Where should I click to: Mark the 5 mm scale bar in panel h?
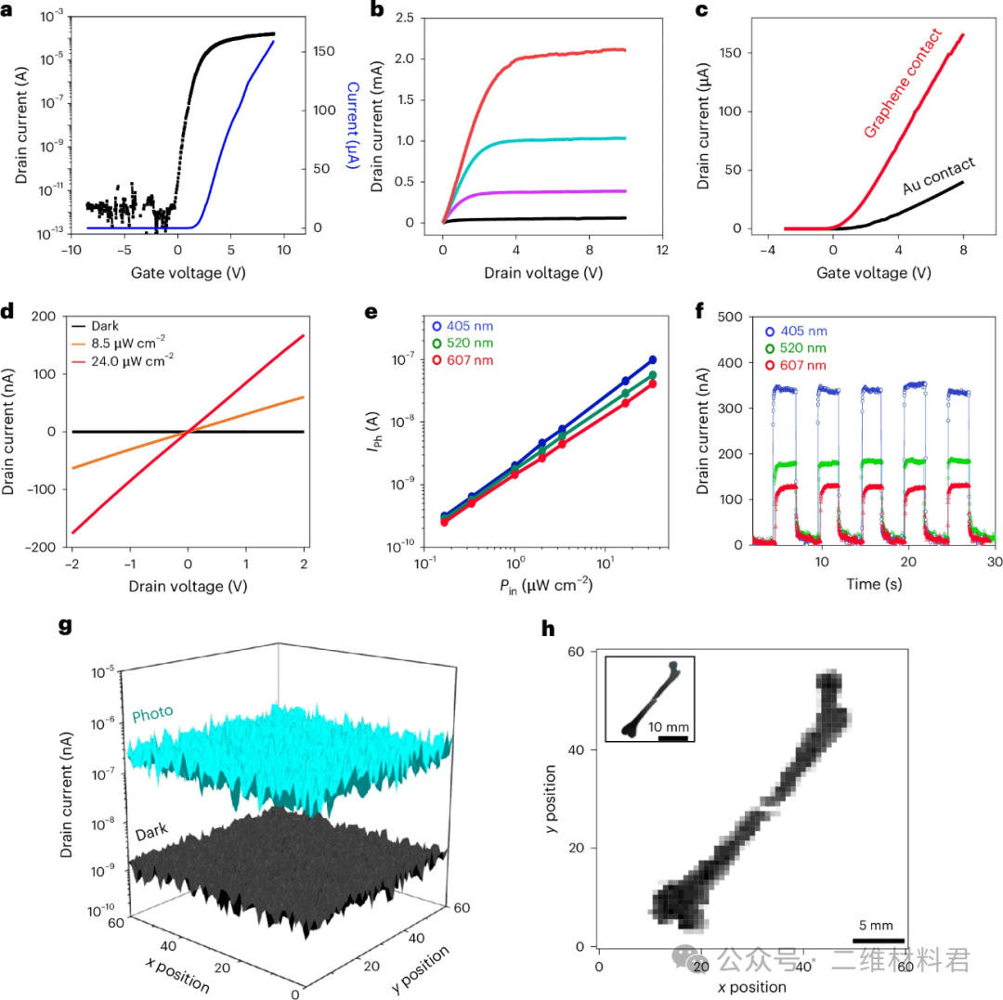pos(878,942)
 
